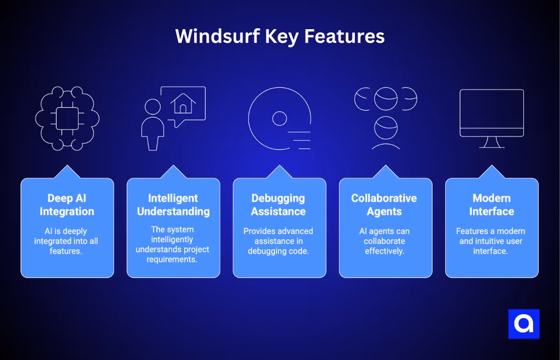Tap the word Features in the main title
[345, 37]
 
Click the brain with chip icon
[67, 118]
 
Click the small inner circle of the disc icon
[279, 118]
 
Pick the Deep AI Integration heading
[67, 205]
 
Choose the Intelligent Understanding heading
[173, 205]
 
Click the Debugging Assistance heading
[278, 205]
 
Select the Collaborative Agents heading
[384, 205]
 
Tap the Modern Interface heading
[491, 205]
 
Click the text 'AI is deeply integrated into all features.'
[66, 241]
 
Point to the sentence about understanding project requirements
[173, 244]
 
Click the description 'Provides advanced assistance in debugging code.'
[278, 241]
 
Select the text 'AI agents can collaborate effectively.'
[384, 241]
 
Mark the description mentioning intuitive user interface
[491, 241]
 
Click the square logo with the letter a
[524, 324]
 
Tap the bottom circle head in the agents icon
[386, 128]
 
